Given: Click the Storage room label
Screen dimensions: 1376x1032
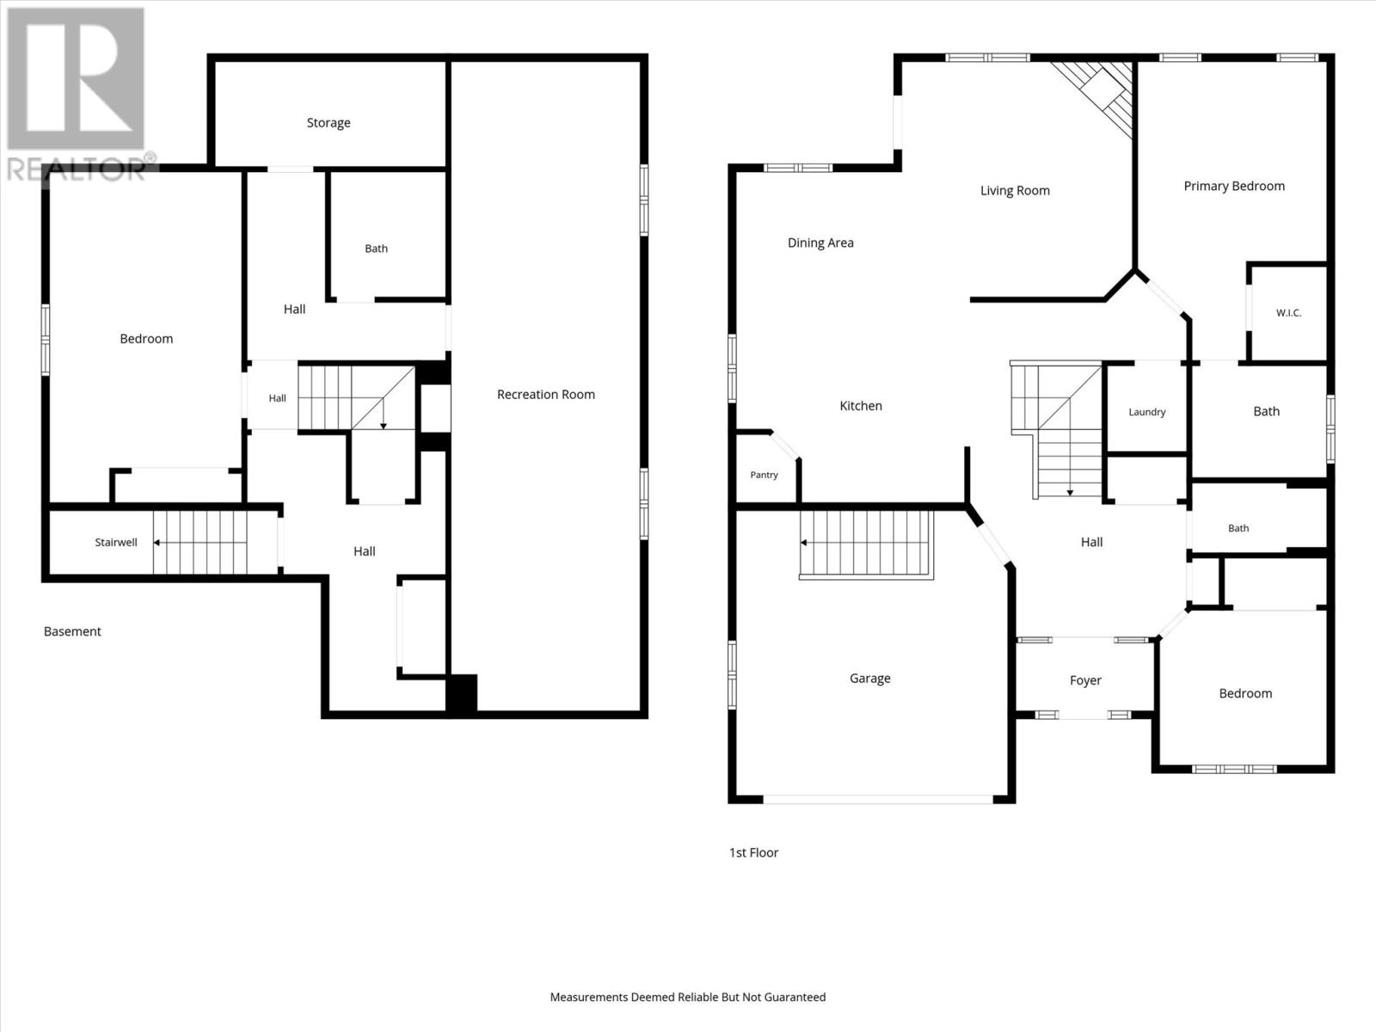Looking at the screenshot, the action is pyautogui.click(x=329, y=123).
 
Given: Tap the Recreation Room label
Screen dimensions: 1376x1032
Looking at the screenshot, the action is pyautogui.click(x=546, y=394).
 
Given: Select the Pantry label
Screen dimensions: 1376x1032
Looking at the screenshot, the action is pyautogui.click(x=765, y=475).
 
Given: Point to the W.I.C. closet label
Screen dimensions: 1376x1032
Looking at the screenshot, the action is pyautogui.click(x=1289, y=313).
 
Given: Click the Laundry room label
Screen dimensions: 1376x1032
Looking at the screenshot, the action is pyautogui.click(x=1147, y=412).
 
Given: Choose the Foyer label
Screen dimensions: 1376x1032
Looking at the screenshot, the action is pyautogui.click(x=1086, y=680).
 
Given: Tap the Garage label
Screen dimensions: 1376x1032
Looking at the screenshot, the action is pyautogui.click(x=870, y=678).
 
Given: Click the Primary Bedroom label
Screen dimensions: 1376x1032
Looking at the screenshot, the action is pyautogui.click(x=1234, y=186).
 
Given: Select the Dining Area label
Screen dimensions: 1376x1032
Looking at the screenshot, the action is pyautogui.click(x=820, y=243).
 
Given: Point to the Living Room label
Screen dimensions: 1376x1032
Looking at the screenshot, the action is pyautogui.click(x=1015, y=190).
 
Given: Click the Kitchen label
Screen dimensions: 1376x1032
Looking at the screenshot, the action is pyautogui.click(x=861, y=406).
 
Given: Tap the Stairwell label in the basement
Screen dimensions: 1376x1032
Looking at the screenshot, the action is pyautogui.click(x=116, y=543).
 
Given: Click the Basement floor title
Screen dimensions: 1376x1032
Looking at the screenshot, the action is pyautogui.click(x=72, y=631).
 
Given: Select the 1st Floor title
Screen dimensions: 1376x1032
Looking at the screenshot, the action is pyautogui.click(x=753, y=853).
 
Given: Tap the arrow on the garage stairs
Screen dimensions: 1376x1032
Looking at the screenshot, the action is pyautogui.click(x=866, y=543).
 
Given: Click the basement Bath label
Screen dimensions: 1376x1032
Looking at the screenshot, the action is pyautogui.click(x=376, y=249).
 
